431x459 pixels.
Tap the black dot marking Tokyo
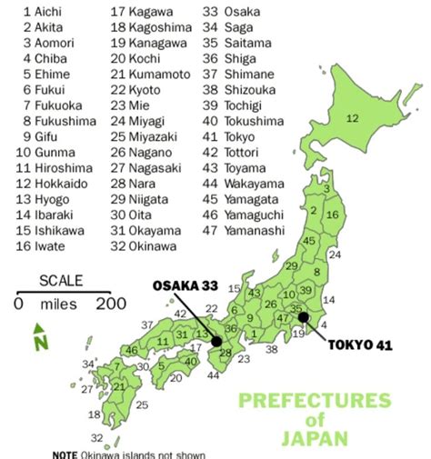tap(303, 317)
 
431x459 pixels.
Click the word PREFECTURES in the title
tap(314, 401)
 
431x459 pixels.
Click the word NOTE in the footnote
tap(65, 454)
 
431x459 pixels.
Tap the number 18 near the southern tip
tap(95, 414)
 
